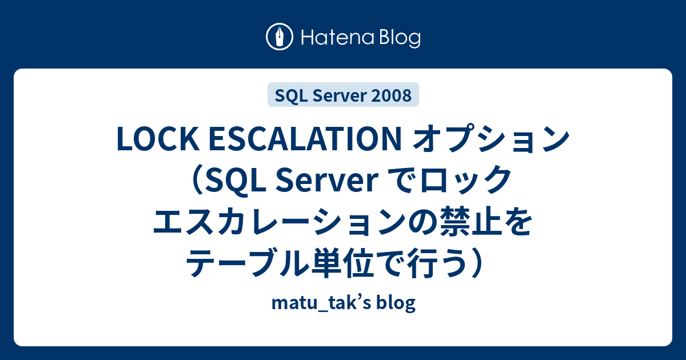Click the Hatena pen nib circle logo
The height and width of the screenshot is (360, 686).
tap(280, 37)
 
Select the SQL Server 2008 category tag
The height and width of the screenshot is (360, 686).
tap(343, 95)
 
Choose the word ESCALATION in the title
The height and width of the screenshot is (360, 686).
tap(305, 139)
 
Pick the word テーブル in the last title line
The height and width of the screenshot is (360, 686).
tap(248, 263)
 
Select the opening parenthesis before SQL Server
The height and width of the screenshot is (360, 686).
tap(196, 181)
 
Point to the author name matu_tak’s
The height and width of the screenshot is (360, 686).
tap(321, 303)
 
